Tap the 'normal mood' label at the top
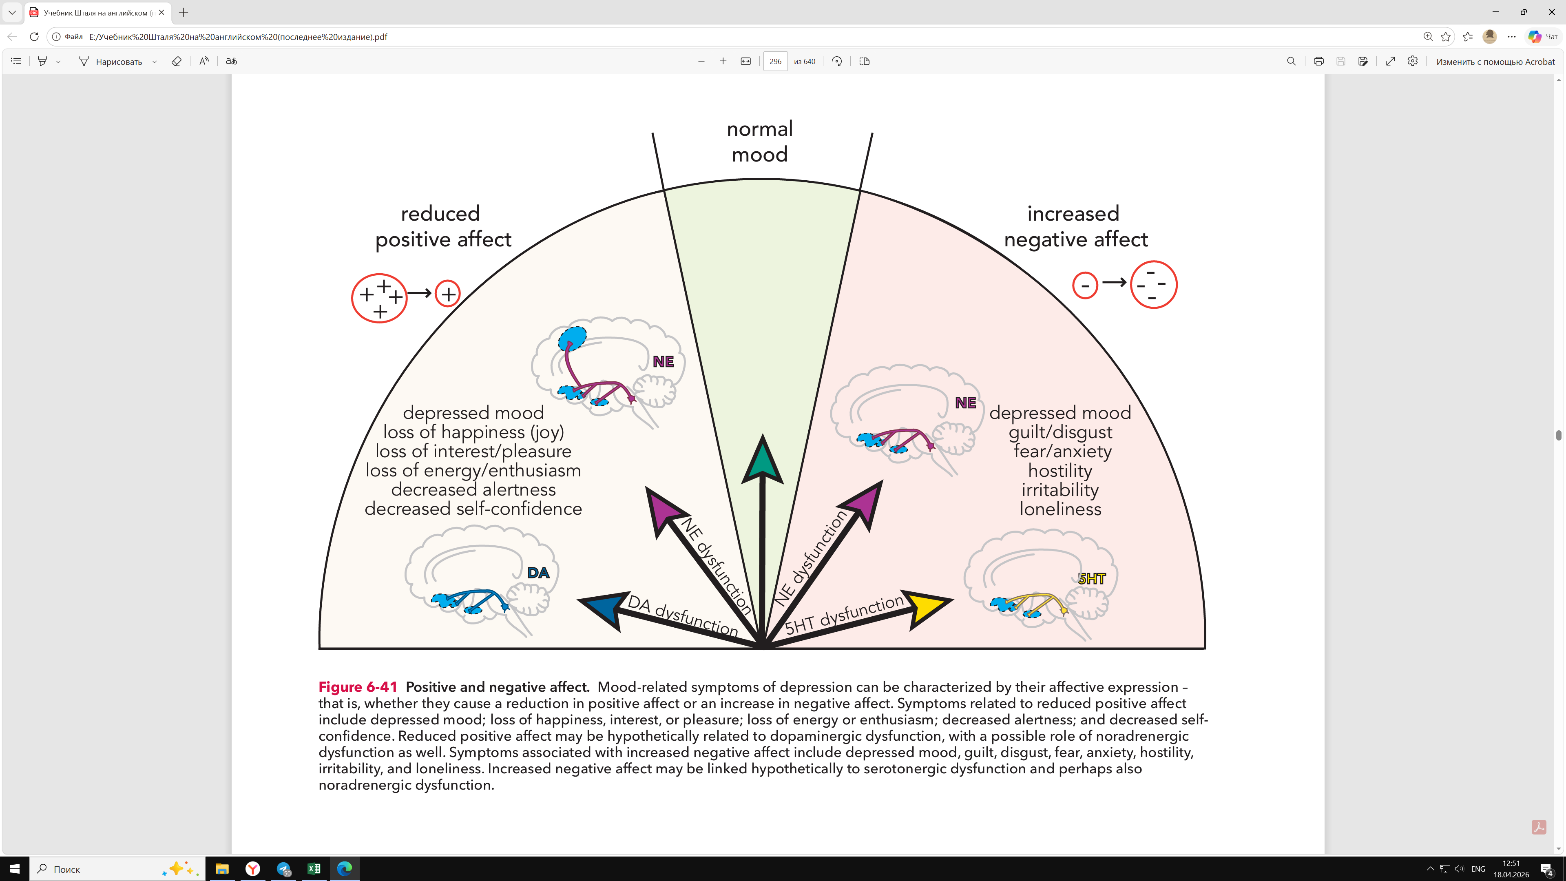pos(760,141)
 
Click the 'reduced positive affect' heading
pos(443,226)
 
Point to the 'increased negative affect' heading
pos(1075,226)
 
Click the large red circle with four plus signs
pos(379,298)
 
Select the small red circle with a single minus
pos(1085,285)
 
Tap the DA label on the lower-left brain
pos(538,573)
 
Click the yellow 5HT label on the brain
pos(1092,579)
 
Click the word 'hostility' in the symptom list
pos(1060,471)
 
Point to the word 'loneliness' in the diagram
pos(1060,509)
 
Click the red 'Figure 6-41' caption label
pos(358,687)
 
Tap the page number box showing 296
pos(775,62)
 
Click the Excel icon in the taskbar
pos(314,869)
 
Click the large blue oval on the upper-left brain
pos(573,338)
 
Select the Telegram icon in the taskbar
pos(283,869)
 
